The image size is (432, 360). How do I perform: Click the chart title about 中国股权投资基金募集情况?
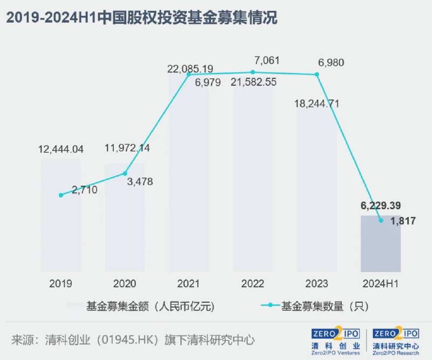pyautogui.click(x=141, y=18)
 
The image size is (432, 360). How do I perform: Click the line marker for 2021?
pyautogui.click(x=188, y=74)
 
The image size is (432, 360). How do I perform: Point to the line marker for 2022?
pyautogui.click(x=253, y=72)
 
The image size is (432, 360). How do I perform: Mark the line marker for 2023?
pyautogui.click(x=317, y=74)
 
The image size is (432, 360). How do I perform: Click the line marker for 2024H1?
pyautogui.click(x=381, y=220)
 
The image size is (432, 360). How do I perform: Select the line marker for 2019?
pyautogui.click(x=61, y=195)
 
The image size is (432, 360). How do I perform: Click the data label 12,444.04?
pyautogui.click(x=61, y=149)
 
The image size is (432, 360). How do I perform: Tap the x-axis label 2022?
pyautogui.click(x=253, y=283)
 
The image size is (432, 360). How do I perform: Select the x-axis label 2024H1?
pyautogui.click(x=381, y=283)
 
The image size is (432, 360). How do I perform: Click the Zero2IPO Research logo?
pyautogui.click(x=395, y=340)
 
